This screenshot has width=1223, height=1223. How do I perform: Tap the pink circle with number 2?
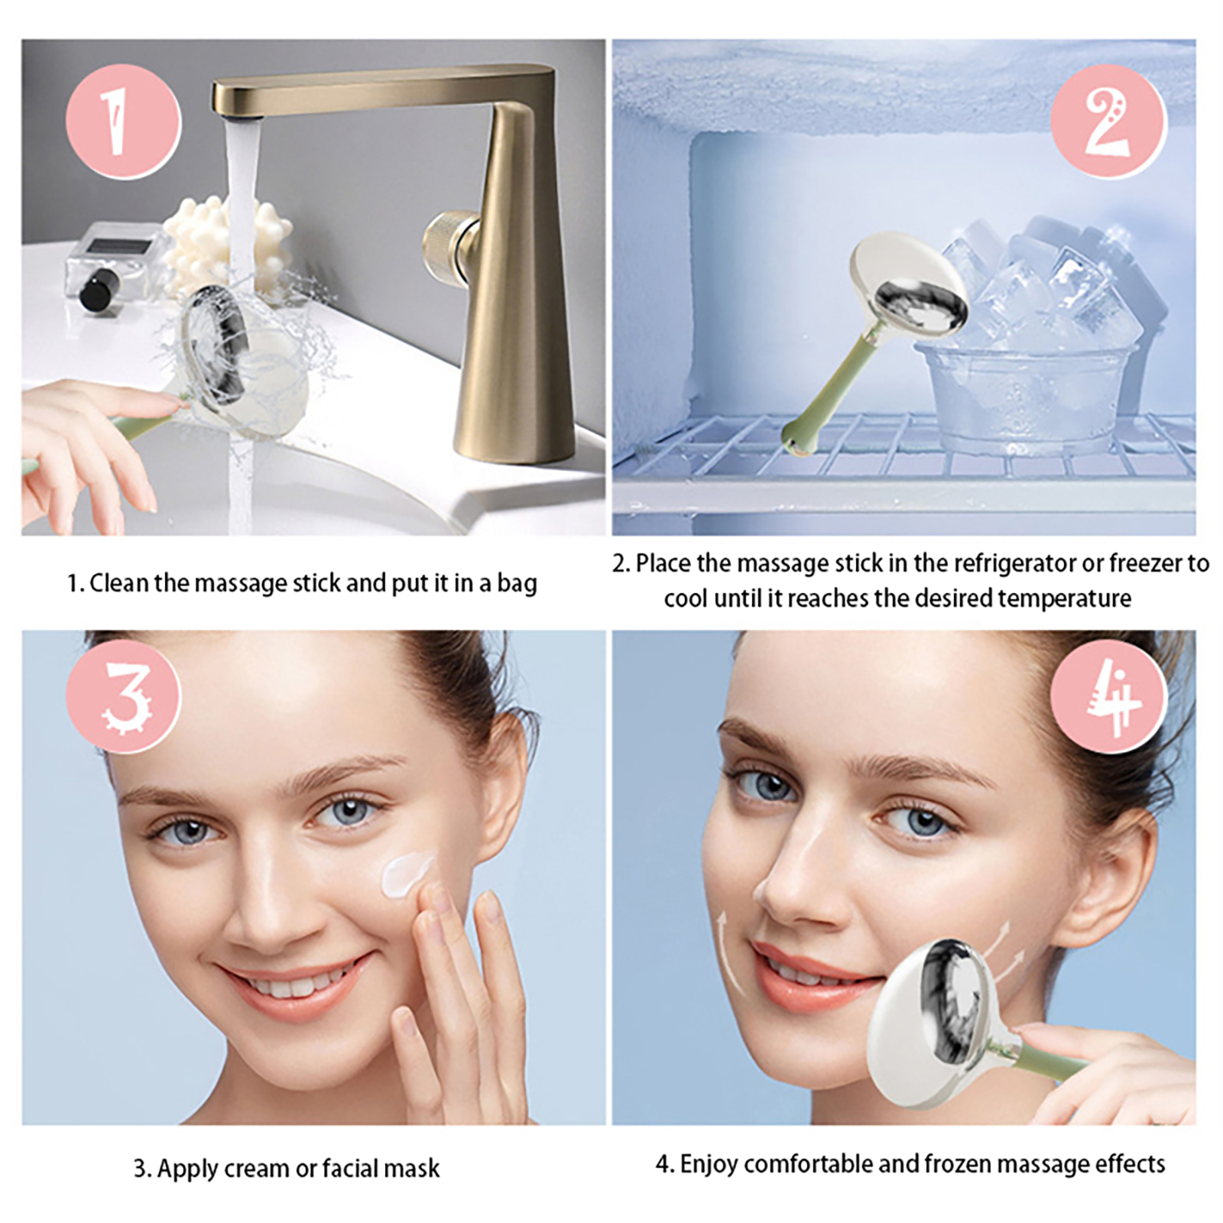tap(1108, 122)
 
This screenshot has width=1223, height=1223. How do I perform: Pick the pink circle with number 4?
tap(1108, 695)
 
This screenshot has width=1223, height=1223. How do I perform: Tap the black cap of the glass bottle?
tap(99, 290)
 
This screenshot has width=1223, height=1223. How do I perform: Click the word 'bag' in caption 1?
tap(517, 584)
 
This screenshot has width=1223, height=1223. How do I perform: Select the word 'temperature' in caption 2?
tap(1065, 599)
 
